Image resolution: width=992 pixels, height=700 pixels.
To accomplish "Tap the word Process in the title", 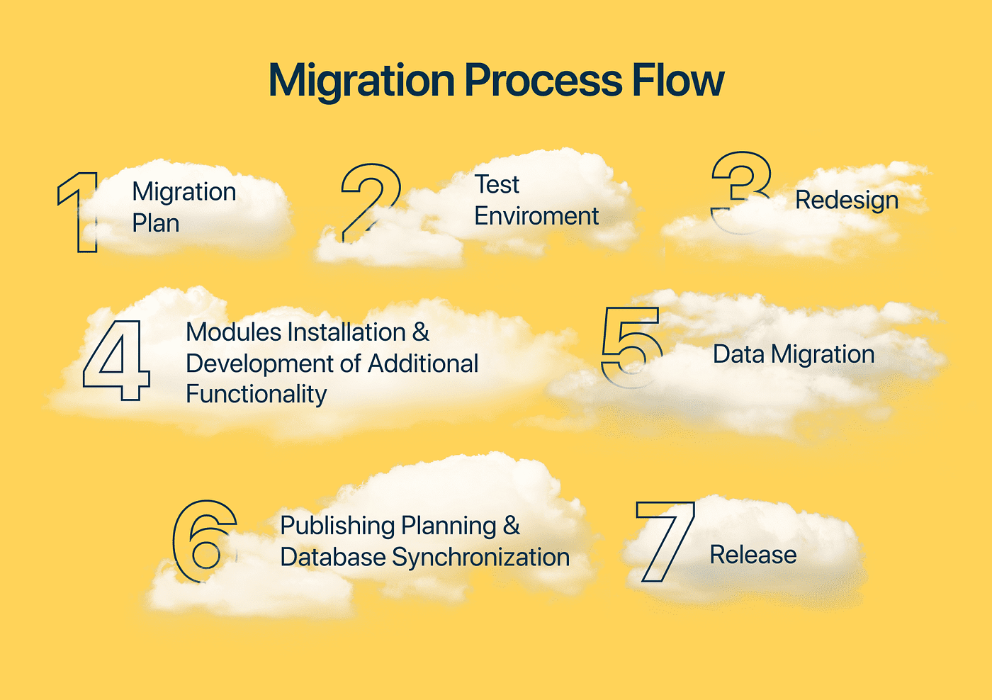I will coord(543,80).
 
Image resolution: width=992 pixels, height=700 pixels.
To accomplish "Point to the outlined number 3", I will coord(741,191).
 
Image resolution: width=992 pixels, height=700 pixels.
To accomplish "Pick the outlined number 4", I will coord(117,360).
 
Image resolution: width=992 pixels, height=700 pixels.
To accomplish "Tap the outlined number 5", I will coord(631,346).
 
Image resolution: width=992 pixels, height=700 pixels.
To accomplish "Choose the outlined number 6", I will coord(204,541).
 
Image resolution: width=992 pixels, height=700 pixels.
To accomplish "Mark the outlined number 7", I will coord(665,542).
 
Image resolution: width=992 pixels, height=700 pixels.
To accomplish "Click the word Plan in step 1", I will coord(156,223).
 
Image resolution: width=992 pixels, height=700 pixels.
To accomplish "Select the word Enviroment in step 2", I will coord(536,216).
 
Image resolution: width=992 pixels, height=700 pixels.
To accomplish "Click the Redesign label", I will coord(847,201).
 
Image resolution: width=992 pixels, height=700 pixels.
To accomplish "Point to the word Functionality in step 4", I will coord(257,394).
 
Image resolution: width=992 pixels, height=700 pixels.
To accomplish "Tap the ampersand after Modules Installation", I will coord(421,332).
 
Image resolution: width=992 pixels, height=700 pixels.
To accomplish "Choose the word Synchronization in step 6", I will coord(481,557).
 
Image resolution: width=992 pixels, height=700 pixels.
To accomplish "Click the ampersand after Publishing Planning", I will coord(512,526).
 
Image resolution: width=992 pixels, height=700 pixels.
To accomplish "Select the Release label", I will coord(753,555).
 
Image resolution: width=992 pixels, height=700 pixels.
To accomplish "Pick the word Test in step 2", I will coord(497,184).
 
